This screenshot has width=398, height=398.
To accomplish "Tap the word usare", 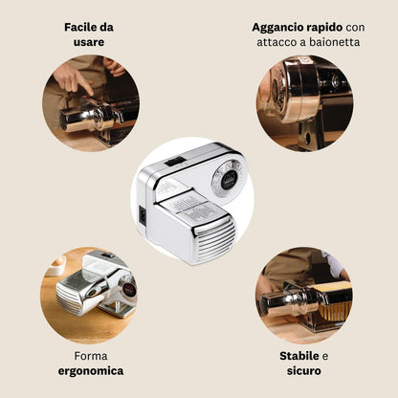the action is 89,42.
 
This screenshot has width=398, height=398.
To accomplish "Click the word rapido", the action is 323,28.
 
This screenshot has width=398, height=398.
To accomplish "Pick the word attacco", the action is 276,42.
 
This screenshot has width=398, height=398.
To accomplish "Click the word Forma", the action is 91,356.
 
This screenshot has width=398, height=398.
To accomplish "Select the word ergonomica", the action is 91,371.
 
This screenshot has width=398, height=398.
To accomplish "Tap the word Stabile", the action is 299,356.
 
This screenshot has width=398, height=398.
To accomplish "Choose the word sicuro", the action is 304,371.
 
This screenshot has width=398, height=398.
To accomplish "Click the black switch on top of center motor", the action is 174,161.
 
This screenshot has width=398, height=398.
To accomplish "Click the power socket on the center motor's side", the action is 143,216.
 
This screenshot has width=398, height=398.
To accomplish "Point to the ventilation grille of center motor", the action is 214,240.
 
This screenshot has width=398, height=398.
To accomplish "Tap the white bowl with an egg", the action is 55,265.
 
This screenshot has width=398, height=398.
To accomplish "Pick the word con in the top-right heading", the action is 355,28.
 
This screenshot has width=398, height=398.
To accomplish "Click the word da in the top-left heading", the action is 107,27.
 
